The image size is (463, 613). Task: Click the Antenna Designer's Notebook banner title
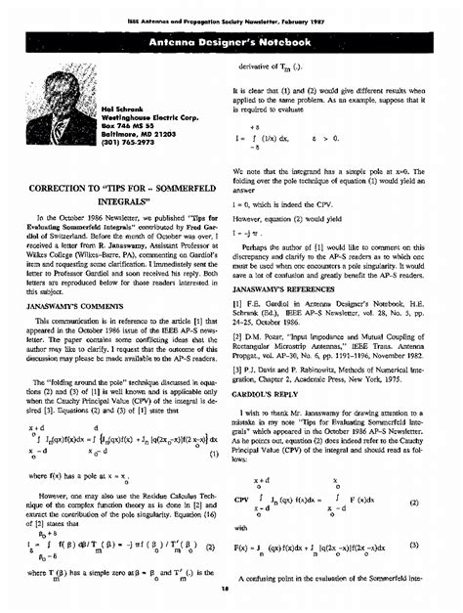(231, 44)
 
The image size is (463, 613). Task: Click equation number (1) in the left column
(215, 426)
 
